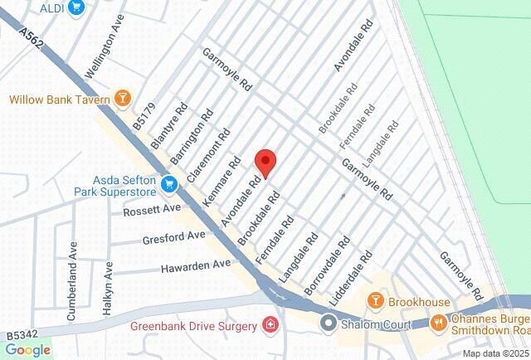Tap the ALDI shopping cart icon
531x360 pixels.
[77, 7]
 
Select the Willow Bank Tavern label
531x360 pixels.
[60, 100]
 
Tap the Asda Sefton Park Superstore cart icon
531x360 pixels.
[170, 182]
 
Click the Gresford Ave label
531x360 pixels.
[173, 237]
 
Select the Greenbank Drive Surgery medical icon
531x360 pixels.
[270, 324]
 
